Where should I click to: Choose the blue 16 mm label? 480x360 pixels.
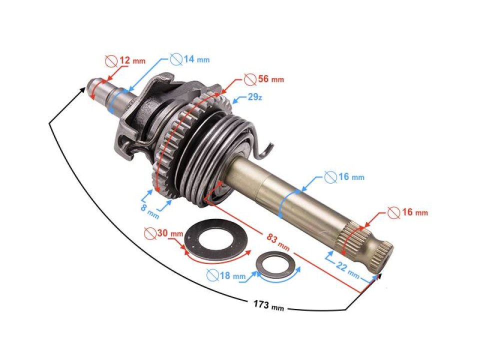pos(350,177)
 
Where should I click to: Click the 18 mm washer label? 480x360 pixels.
pos(231,275)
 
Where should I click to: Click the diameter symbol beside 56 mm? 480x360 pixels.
pos(248,79)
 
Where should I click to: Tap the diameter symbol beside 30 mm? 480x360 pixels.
pos(148,233)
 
